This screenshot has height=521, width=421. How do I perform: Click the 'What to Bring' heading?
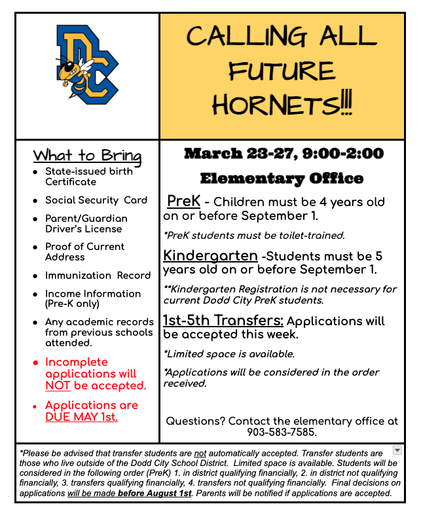coord(87,156)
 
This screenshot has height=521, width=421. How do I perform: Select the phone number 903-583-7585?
coord(282,432)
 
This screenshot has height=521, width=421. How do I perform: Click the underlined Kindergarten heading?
coord(210,255)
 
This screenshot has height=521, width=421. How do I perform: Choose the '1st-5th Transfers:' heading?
coord(223,321)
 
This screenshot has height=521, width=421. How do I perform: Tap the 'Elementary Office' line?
coord(282,178)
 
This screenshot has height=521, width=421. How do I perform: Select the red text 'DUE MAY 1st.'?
coord(82,417)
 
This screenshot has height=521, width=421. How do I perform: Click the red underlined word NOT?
coord(57,386)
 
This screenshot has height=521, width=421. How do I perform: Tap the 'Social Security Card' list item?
coord(96,200)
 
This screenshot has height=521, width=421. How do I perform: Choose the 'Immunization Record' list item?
coord(98,276)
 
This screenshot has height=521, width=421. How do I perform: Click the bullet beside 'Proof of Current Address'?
coord(36,247)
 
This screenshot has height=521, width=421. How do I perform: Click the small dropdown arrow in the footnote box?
coord(397,450)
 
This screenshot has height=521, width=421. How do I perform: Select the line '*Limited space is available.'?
coord(229,354)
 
